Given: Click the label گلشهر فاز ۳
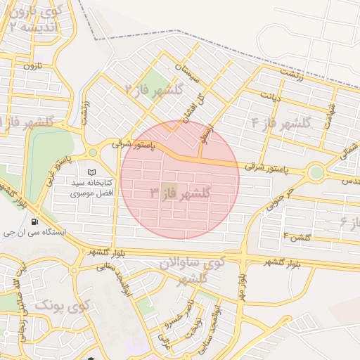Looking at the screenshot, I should coord(181,192).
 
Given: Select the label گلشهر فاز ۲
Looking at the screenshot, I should coord(154,89).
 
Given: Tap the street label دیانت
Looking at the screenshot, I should coord(270,96).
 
